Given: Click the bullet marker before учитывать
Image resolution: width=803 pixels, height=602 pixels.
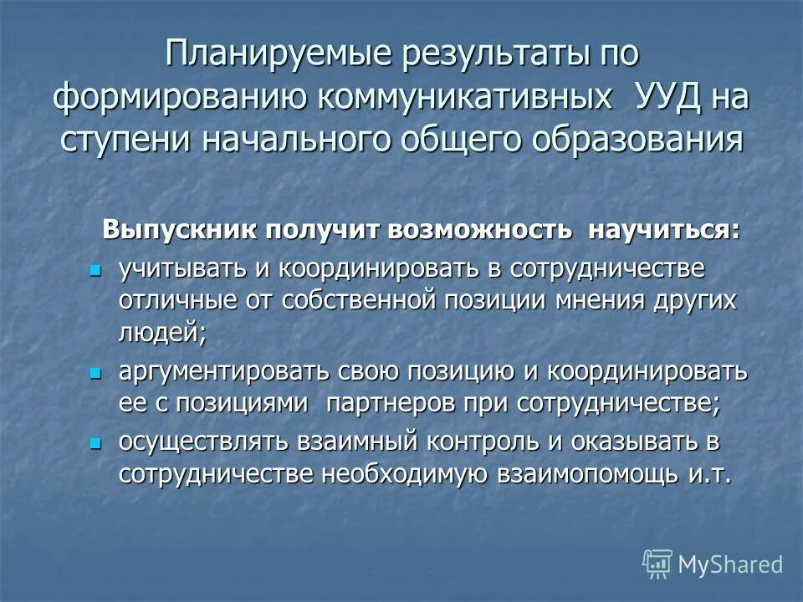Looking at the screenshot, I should coord(95,270).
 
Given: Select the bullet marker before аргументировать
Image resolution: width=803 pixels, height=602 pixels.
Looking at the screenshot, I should coord(95,370).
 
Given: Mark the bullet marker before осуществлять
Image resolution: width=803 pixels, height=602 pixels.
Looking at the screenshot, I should coord(95,441).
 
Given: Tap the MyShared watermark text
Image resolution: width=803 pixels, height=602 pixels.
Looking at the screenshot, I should coord(730,564).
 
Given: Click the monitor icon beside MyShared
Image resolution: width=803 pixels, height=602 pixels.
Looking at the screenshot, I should coord(657,564).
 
